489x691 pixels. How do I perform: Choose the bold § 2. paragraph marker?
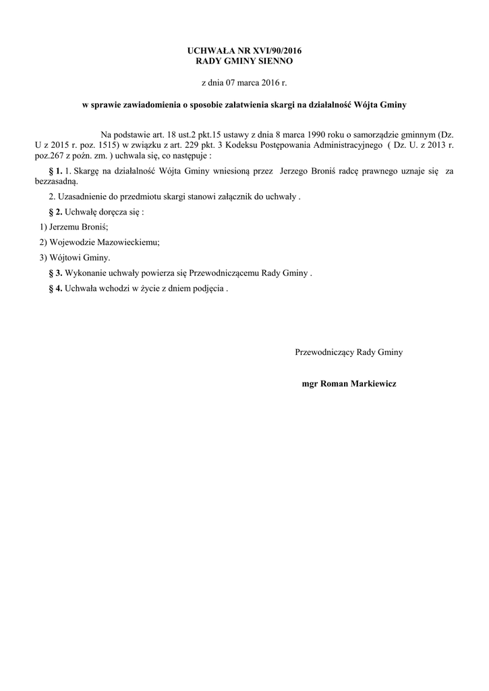pos(56,211)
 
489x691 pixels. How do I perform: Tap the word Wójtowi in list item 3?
pos(64,257)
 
